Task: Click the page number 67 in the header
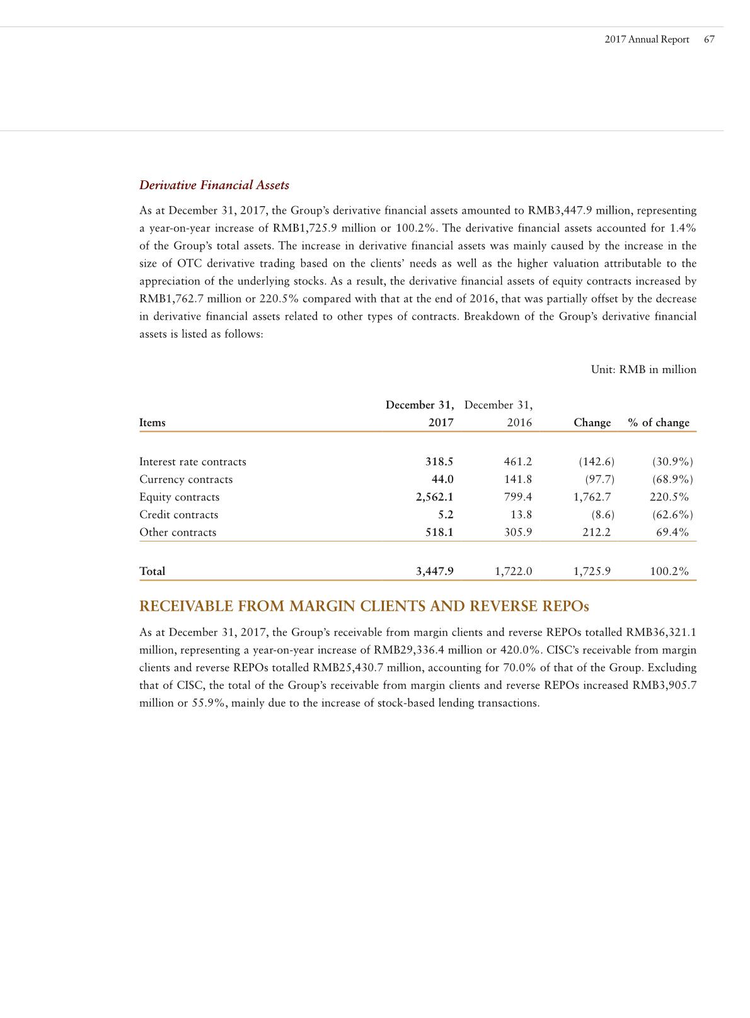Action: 709,39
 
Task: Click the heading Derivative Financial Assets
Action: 214,185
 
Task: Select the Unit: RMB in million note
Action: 643,369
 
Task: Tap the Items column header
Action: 153,423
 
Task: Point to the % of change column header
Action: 659,423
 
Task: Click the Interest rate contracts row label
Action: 192,462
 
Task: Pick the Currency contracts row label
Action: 186,480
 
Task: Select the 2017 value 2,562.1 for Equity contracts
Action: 434,497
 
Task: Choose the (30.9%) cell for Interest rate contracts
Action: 672,462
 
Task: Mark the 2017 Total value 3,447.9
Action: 434,572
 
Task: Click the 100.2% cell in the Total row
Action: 669,572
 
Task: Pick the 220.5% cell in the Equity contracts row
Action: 669,497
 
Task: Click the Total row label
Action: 152,572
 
